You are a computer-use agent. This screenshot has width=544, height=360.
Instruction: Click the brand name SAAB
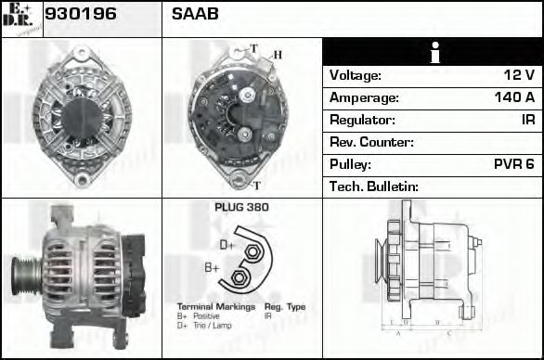(195, 15)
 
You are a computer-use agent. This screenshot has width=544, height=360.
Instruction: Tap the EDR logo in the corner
(20, 18)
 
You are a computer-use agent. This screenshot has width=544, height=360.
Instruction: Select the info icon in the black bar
(432, 52)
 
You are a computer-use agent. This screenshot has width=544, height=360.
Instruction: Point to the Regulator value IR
(527, 120)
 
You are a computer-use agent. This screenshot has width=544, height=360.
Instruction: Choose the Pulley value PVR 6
(513, 164)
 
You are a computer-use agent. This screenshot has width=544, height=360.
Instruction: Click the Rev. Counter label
(371, 142)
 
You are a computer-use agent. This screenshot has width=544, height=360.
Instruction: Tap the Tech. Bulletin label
(374, 186)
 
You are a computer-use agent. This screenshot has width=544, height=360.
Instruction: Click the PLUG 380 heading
(241, 207)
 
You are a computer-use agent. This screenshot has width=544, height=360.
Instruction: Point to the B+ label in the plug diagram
(213, 268)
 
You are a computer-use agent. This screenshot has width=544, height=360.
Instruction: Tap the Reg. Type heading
(284, 306)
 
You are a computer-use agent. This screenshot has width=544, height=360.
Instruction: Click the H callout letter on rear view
(276, 55)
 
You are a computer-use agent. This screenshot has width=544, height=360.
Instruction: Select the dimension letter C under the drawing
(448, 331)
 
